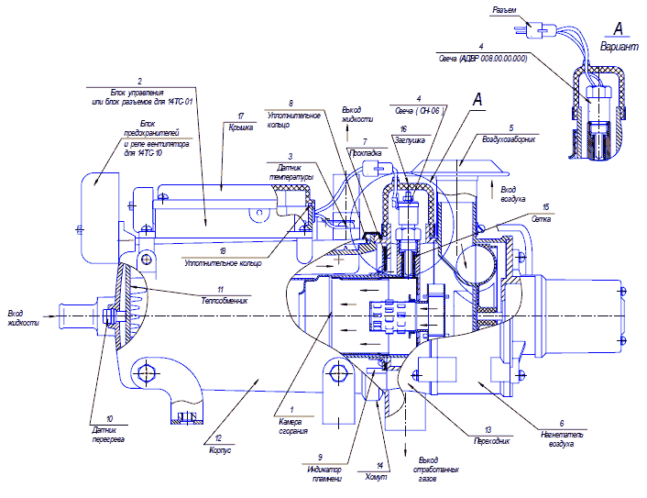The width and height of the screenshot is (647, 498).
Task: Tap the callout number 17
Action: tap(240, 116)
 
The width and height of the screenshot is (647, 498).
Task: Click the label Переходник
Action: tap(488, 441)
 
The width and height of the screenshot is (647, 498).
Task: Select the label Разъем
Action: tap(505, 10)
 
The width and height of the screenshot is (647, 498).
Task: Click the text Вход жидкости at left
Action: tap(24, 317)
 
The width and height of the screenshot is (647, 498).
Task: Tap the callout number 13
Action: tap(488, 429)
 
